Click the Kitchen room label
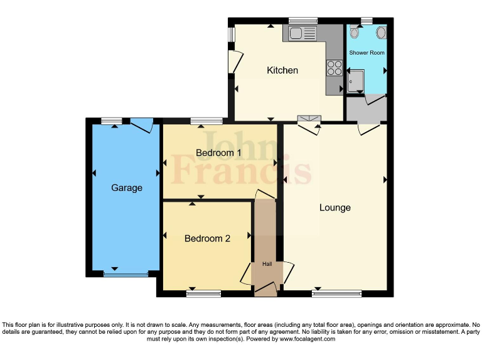click(x=282, y=70)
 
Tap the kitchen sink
click(x=301, y=33)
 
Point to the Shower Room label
click(x=367, y=53)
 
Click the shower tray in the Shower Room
click(x=356, y=81)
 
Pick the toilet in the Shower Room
click(x=355, y=33)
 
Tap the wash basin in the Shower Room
click(x=380, y=33)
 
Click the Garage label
click(x=127, y=188)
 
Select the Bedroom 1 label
click(x=218, y=153)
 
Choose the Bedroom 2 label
click(x=207, y=239)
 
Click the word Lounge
click(x=335, y=208)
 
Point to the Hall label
click(x=267, y=265)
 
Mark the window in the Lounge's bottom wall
click(x=337, y=293)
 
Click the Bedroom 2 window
click(x=203, y=293)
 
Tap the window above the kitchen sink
click(x=303, y=21)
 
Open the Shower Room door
click(x=375, y=99)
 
